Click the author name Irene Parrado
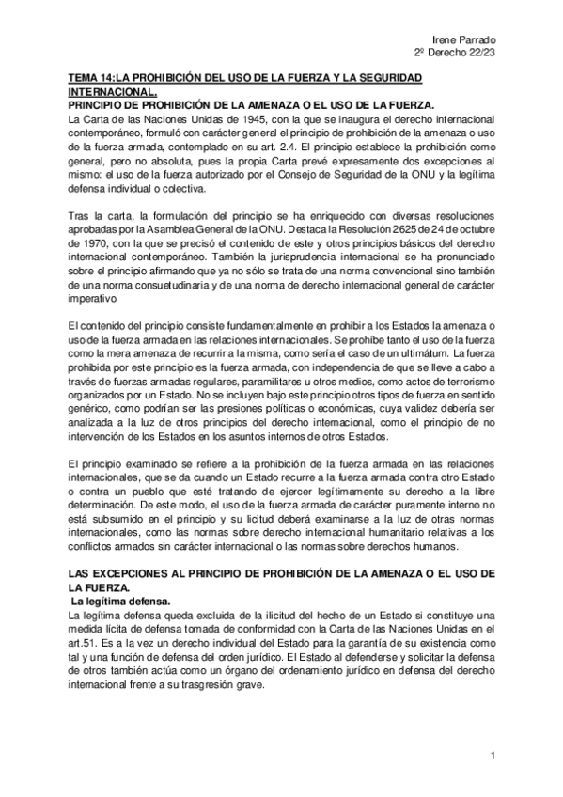point(469,39)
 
